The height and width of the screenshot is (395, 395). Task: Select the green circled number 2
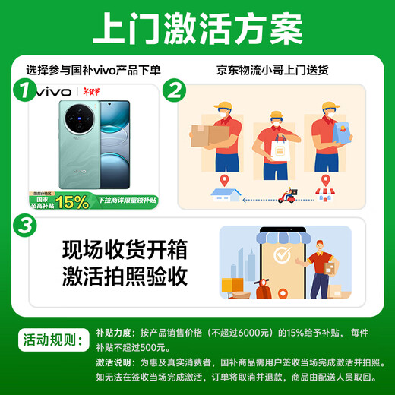tap(176, 92)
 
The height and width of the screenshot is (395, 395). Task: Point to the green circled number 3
tap(26, 226)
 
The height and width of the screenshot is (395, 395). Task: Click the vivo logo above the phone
tap(54, 93)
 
